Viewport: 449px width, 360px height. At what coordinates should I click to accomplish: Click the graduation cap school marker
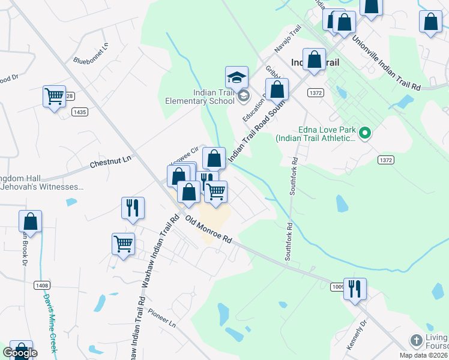pyautogui.click(x=237, y=77)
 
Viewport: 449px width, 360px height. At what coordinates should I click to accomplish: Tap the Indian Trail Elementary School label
pyautogui.click(x=200, y=97)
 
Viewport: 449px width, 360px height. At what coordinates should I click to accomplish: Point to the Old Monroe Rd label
pyautogui.click(x=208, y=229)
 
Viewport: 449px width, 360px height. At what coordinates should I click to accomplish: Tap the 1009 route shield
pyautogui.click(x=338, y=287)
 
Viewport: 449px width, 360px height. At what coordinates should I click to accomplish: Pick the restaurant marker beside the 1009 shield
pyautogui.click(x=355, y=289)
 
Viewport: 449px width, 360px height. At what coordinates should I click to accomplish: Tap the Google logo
pyautogui.click(x=20, y=353)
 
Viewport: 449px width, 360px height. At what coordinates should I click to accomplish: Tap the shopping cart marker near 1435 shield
pyautogui.click(x=55, y=97)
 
